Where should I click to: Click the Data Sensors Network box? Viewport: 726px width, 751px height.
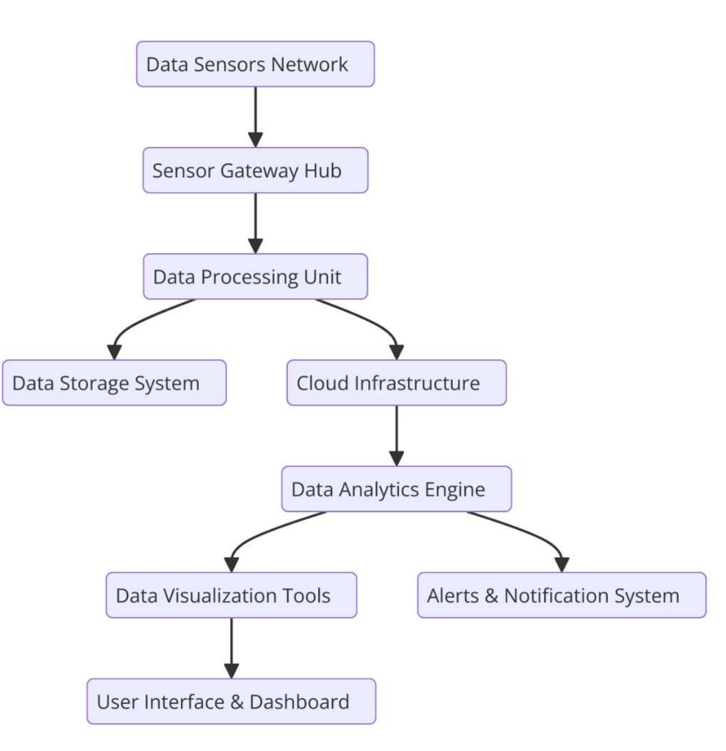tap(255, 64)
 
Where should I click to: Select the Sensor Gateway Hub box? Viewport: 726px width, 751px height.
tap(255, 170)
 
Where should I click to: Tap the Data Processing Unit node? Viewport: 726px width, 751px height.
tap(255, 277)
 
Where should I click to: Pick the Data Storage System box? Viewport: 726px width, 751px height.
tap(114, 383)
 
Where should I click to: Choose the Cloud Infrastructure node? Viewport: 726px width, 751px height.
tap(396, 383)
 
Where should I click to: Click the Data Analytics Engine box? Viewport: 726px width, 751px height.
tap(396, 489)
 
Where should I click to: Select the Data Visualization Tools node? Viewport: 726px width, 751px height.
tap(231, 595)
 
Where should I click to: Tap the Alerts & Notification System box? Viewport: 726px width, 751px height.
tap(561, 595)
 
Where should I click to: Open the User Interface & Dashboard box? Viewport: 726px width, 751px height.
tap(231, 702)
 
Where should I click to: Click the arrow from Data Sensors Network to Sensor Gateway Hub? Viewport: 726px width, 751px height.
tap(255, 117)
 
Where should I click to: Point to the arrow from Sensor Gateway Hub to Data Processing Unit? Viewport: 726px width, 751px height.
tap(255, 223)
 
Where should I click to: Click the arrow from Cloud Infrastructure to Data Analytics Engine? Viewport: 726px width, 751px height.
tap(396, 435)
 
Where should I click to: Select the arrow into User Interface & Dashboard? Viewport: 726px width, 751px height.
tap(231, 648)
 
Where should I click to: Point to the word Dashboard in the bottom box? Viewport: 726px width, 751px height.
tap(299, 702)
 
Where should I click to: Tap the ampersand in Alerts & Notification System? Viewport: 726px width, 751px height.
tap(491, 596)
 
